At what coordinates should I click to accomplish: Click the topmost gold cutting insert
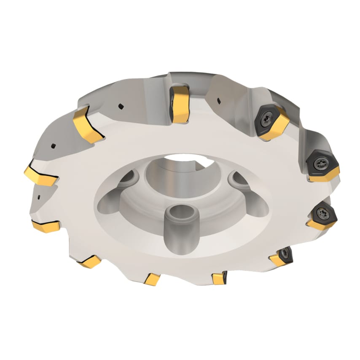pyautogui.click(x=180, y=104)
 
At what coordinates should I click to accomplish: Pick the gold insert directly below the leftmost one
pyautogui.click(x=46, y=226)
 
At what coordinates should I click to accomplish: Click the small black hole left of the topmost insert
pyautogui.click(x=121, y=106)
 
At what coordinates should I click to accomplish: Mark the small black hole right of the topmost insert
pyautogui.click(x=218, y=100)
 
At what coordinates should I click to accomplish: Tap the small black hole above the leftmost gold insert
pyautogui.click(x=54, y=145)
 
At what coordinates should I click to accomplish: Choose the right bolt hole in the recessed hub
pyautogui.click(x=239, y=180)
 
